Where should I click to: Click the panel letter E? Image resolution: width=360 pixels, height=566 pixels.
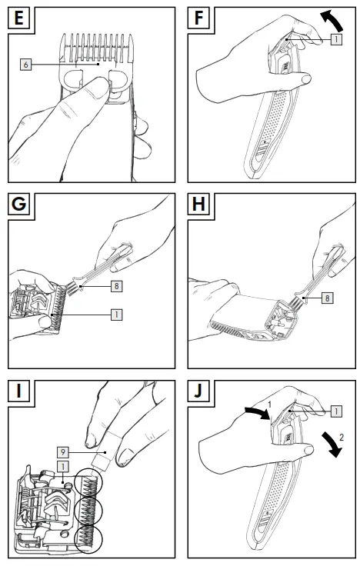18,18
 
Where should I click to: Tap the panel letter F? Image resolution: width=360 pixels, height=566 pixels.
198,18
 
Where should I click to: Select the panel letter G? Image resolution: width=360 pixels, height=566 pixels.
18,204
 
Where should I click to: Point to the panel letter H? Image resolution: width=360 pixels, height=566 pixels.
198,204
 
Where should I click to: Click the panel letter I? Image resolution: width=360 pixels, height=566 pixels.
18,391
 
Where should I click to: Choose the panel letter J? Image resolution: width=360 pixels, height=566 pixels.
198,391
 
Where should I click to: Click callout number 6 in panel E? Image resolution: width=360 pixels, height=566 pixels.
25,65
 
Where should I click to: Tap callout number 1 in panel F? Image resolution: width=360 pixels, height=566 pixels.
336,38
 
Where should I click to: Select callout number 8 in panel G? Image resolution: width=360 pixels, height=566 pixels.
116,286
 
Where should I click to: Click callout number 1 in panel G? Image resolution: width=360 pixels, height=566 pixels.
116,315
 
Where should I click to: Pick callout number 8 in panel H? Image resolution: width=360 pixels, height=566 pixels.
327,298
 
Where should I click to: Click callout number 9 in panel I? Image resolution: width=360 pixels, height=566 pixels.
63,452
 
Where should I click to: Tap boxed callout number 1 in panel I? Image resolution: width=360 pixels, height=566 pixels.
63,466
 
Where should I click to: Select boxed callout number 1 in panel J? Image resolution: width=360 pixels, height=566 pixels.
336,411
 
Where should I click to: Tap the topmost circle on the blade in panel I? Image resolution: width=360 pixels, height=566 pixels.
88,482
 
